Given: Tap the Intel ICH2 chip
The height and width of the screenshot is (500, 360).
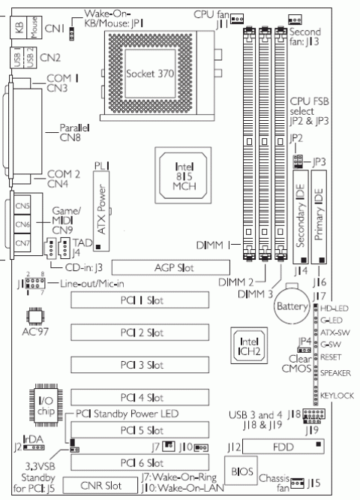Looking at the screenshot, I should click(248, 342).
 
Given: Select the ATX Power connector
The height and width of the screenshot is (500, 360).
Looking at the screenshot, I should click(103, 214).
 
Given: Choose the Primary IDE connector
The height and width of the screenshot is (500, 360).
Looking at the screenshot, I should click(320, 218).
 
